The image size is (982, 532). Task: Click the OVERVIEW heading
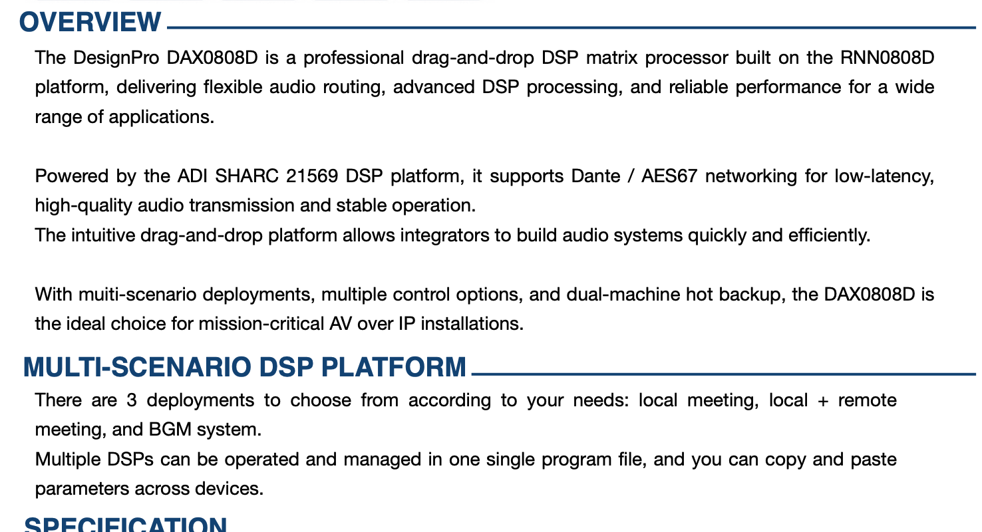(90, 22)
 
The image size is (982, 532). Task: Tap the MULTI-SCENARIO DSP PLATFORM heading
(244, 367)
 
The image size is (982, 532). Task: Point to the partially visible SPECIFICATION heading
(125, 524)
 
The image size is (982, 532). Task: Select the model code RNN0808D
(887, 58)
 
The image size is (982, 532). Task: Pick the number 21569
(311, 176)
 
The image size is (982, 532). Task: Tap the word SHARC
(246, 176)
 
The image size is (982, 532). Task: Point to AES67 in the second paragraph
(669, 176)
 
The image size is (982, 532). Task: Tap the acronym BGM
(170, 430)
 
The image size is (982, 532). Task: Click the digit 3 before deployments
(132, 400)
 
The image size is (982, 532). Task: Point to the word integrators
(444, 235)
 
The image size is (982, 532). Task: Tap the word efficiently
(829, 235)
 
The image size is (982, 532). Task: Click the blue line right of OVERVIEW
(572, 28)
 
